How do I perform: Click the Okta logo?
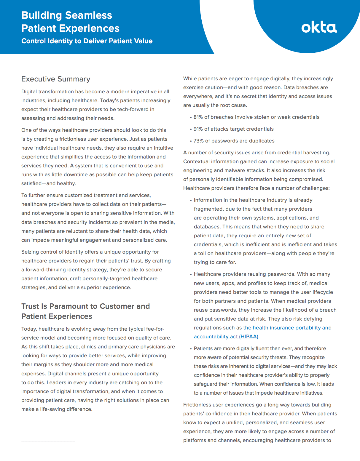[x=319, y=27]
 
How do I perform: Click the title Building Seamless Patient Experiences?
[x=70, y=22]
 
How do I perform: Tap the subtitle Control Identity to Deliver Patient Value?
[x=87, y=41]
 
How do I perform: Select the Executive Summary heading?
[x=56, y=79]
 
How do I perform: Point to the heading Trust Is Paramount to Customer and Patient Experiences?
[x=85, y=311]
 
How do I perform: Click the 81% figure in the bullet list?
[x=198, y=117]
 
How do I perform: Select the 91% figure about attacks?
[x=198, y=129]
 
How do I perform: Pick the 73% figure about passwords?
[x=198, y=141]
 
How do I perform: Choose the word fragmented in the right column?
[x=208, y=209]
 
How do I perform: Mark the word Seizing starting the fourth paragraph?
[x=30, y=252]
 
